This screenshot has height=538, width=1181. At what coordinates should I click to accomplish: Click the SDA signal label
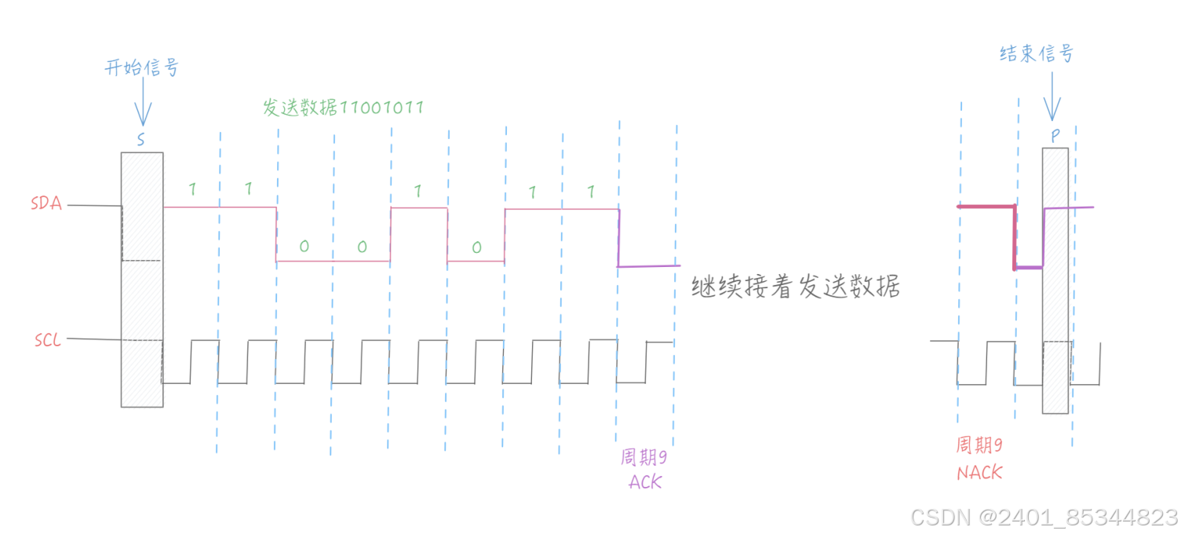(x=46, y=203)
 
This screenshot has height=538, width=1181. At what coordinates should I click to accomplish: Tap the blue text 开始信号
(x=141, y=68)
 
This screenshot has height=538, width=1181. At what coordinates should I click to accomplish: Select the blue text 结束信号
(x=1036, y=53)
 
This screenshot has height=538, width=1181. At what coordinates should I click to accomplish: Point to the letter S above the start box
(x=141, y=141)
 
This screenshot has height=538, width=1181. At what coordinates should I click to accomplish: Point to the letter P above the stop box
(x=1055, y=135)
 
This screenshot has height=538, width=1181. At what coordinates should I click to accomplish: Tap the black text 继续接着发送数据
(x=795, y=287)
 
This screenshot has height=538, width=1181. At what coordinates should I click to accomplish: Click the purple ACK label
(x=645, y=481)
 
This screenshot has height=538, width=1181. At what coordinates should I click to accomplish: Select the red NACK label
(x=979, y=473)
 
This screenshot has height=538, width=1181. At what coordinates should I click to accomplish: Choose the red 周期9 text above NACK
(x=979, y=446)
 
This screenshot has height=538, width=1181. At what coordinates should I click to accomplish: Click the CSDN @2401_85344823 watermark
(x=1044, y=517)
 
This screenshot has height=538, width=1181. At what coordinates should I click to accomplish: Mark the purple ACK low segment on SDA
(x=647, y=266)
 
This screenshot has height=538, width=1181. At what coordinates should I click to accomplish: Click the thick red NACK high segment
(x=986, y=207)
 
